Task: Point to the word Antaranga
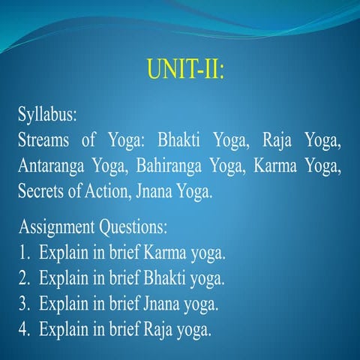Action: (x=52, y=166)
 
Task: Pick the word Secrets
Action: (x=43, y=190)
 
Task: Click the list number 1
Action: (x=23, y=253)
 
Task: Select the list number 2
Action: (x=23, y=278)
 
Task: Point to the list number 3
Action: (x=23, y=304)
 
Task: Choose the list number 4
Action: (x=23, y=328)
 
